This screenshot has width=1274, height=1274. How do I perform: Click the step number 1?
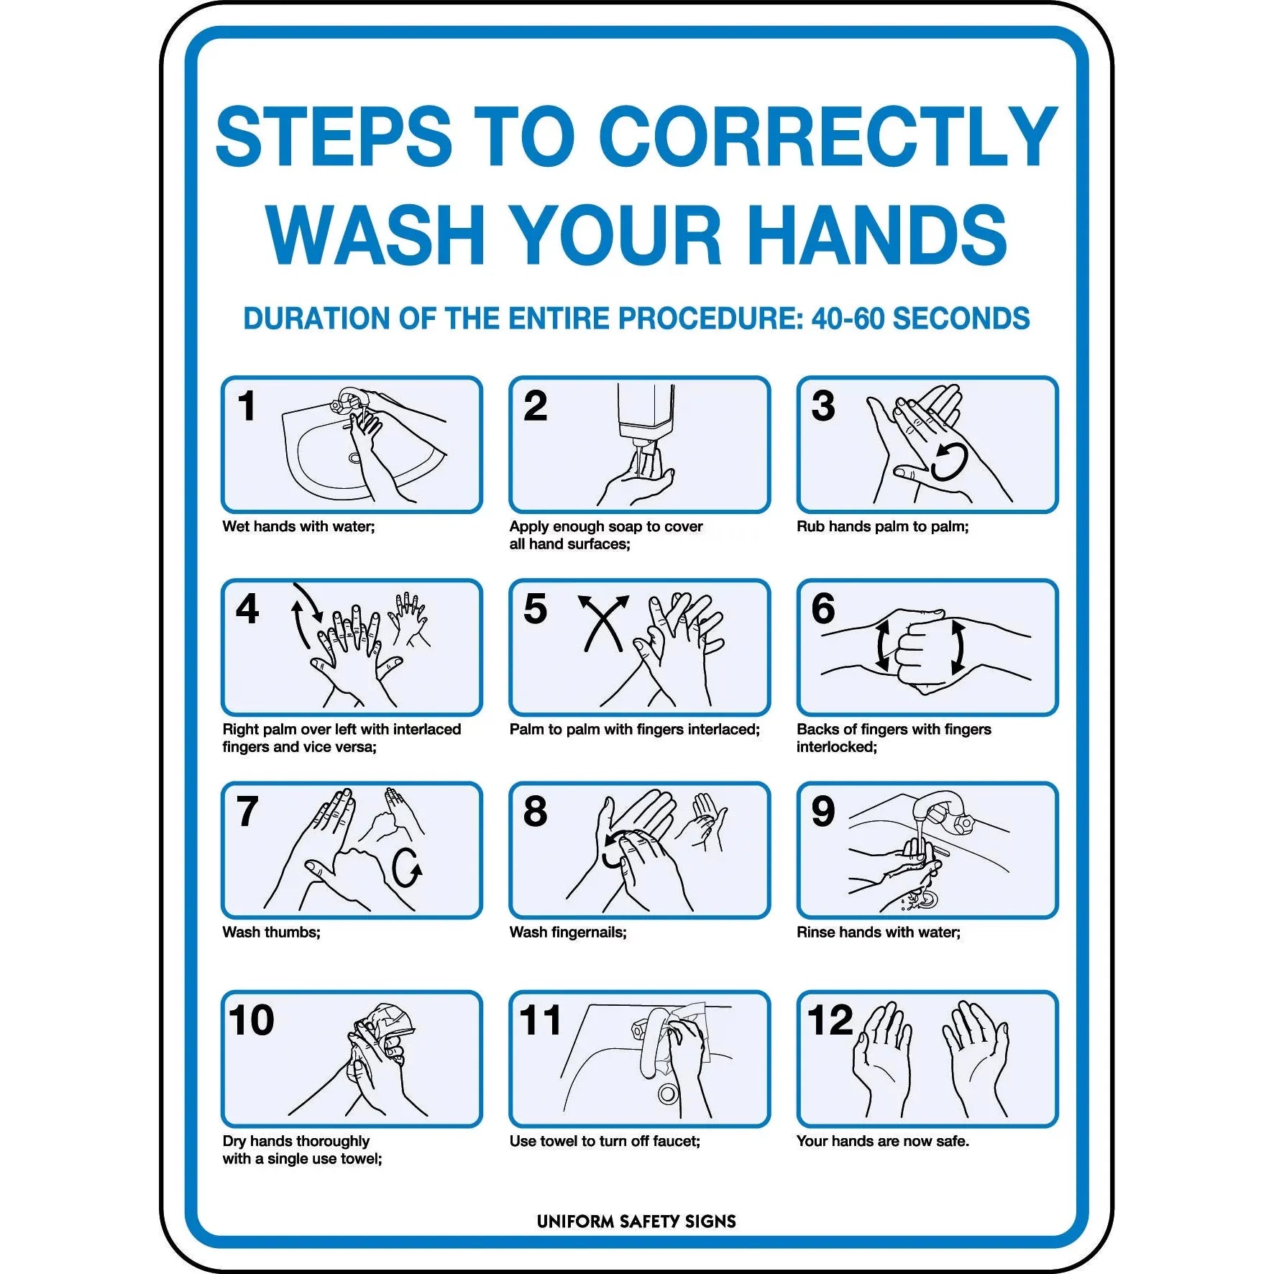pyautogui.click(x=247, y=406)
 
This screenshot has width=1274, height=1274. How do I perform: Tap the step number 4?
pyautogui.click(x=247, y=610)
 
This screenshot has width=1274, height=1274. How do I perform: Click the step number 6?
pyautogui.click(x=823, y=610)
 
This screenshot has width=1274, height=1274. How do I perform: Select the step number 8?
pyautogui.click(x=535, y=812)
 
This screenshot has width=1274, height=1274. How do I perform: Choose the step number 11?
pyautogui.click(x=540, y=1021)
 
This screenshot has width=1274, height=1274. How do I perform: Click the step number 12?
pyautogui.click(x=830, y=1021)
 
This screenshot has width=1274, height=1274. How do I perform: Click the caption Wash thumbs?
pyautogui.click(x=271, y=932)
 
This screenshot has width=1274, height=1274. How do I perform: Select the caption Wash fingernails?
pyautogui.click(x=568, y=932)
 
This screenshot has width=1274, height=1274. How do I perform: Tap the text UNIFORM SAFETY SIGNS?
pyautogui.click(x=636, y=1222)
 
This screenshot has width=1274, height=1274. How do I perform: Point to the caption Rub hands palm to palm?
pyautogui.click(x=882, y=526)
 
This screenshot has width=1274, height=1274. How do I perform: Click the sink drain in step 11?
pyautogui.click(x=667, y=1094)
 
